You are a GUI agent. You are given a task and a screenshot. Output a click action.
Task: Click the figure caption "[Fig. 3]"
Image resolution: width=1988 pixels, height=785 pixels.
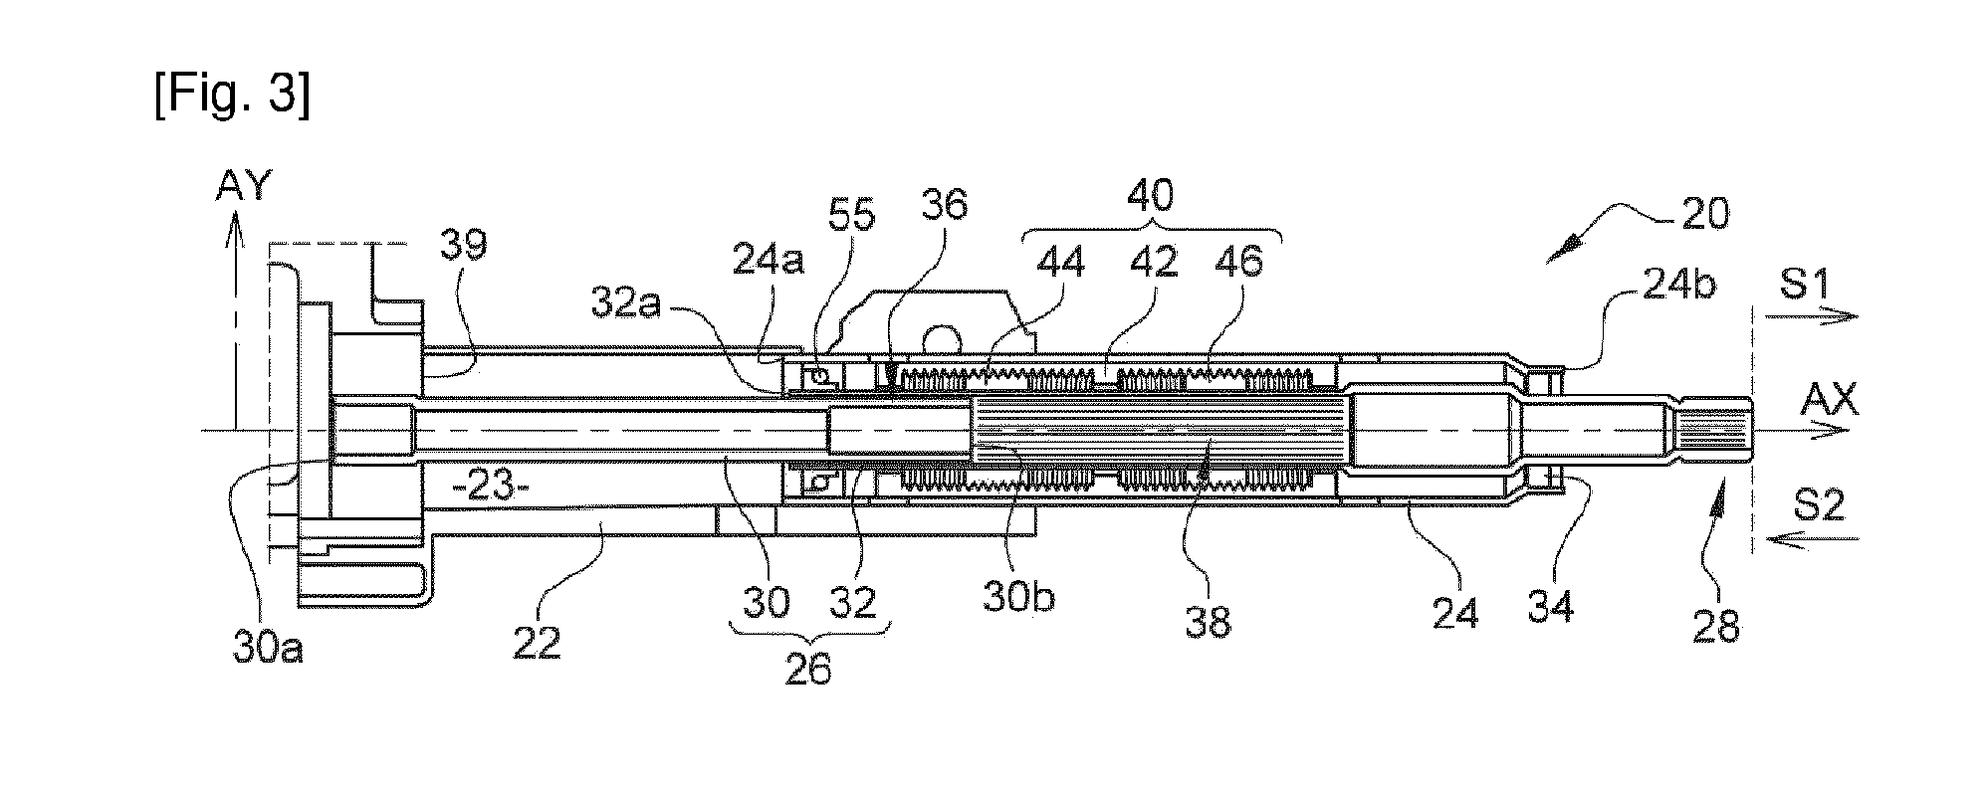(233, 96)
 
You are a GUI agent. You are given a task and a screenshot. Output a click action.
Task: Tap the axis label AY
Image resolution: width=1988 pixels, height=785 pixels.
(243, 184)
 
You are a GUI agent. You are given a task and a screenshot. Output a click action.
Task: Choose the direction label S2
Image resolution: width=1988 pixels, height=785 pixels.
(1820, 506)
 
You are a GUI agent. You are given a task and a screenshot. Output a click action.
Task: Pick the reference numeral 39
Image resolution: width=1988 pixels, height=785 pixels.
(463, 244)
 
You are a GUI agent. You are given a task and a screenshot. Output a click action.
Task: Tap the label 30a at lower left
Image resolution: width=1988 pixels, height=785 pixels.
(269, 649)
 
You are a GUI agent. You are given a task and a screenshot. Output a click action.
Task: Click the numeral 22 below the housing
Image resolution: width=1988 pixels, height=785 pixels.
(537, 643)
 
